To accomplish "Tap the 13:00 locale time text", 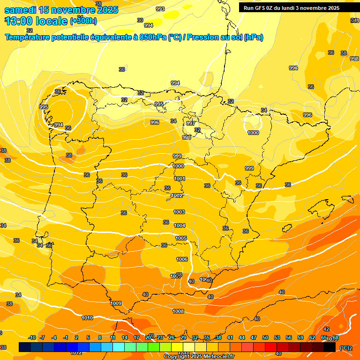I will pyautogui.click(x=36, y=21).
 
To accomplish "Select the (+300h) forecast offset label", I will pyautogui.click(x=83, y=21).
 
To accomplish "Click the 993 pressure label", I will pyautogui.click(x=160, y=9).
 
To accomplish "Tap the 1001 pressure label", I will pyautogui.click(x=180, y=179).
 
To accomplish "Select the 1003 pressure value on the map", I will pyautogui.click(x=179, y=212).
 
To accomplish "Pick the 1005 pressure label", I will pyautogui.click(x=181, y=238).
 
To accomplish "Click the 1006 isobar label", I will pyautogui.click(x=182, y=259).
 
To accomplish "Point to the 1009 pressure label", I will pyautogui.click(x=116, y=303).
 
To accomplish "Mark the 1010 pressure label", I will pyautogui.click(x=87, y=318).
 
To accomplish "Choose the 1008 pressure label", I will pyautogui.click(x=178, y=311).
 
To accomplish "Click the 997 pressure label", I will pyautogui.click(x=191, y=123).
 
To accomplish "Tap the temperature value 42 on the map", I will pyautogui.click(x=326, y=329).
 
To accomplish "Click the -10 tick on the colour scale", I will pyautogui.click(x=32, y=337).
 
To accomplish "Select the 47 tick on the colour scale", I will pyautogui.click(x=254, y=337).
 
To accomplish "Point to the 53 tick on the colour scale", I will pyautogui.click(x=277, y=337).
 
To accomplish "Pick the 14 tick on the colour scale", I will pyautogui.click(x=125, y=337).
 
